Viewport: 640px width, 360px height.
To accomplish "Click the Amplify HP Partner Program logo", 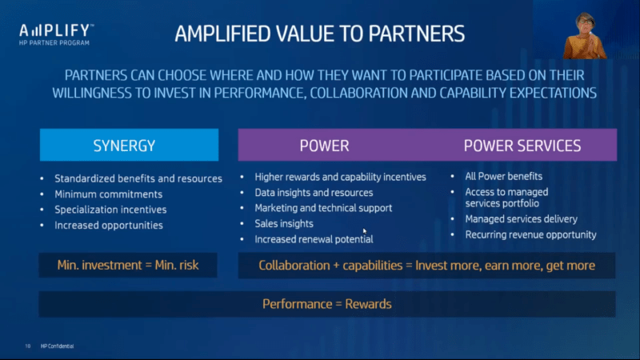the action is point(56,34).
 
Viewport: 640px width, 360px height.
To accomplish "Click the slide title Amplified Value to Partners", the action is point(319,34).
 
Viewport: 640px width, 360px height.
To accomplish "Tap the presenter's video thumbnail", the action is point(584,36).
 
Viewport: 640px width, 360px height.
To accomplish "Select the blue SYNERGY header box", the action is point(129,145).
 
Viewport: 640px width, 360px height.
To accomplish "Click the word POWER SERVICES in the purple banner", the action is point(522,146).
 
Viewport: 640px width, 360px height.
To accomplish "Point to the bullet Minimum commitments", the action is point(109,194).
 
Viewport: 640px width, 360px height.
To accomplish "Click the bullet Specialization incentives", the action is point(110,210).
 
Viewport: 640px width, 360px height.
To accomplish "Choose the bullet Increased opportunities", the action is point(109,226).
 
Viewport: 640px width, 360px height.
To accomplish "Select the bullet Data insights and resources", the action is point(314,193).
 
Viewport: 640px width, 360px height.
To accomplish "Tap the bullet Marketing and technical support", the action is point(323,208).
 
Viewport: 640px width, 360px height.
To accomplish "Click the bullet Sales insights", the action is point(284,224).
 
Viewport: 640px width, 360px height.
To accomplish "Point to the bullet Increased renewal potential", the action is point(314,239).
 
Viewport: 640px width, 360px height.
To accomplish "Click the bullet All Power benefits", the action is point(504,176).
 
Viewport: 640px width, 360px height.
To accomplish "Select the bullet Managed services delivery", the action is point(522,219).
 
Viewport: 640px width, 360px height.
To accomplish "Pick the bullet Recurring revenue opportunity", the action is point(530,234).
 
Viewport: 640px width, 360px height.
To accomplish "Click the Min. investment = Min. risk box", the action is point(128,266).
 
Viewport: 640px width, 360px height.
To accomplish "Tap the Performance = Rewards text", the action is point(327,304).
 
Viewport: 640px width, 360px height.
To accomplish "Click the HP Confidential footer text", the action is point(57,346).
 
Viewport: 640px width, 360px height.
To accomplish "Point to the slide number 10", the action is point(28,346).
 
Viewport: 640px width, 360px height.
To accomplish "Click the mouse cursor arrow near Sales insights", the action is point(365,231).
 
